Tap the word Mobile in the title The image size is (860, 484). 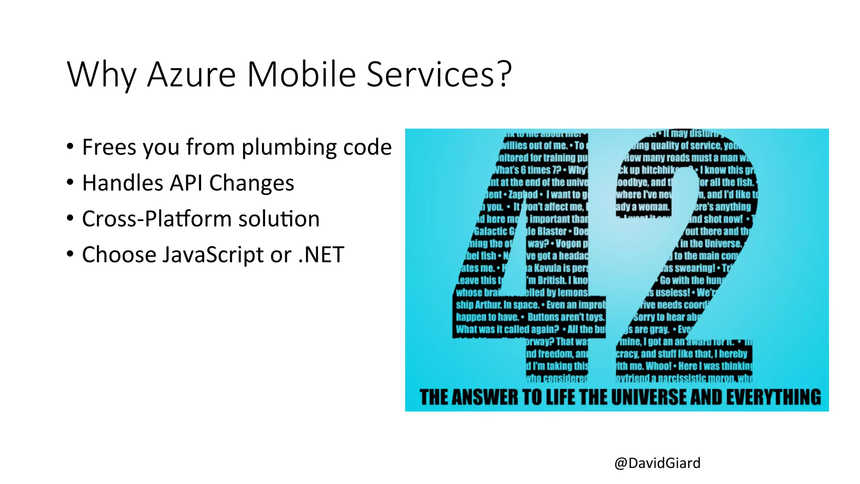click(x=302, y=74)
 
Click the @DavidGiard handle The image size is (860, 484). click(x=657, y=463)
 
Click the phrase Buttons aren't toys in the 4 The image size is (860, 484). click(x=565, y=317)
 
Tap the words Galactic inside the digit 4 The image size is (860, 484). click(x=490, y=231)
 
